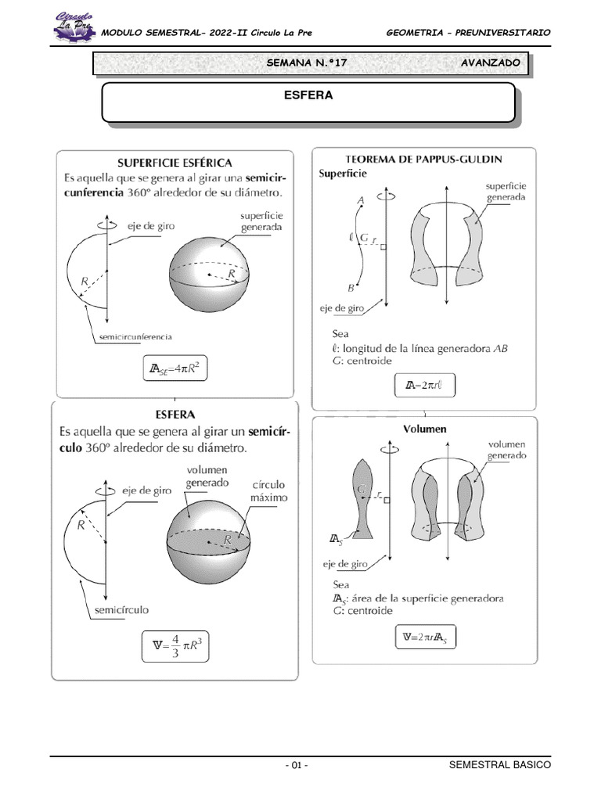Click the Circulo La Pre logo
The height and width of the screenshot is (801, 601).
(x=74, y=26)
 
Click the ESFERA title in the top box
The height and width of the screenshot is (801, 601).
(x=308, y=95)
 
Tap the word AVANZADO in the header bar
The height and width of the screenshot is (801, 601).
(x=491, y=62)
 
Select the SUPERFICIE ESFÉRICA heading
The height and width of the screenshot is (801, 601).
(x=175, y=163)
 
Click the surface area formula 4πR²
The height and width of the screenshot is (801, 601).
(x=177, y=368)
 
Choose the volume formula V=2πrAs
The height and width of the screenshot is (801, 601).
(x=423, y=638)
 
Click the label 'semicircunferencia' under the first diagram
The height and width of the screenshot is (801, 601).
(x=133, y=336)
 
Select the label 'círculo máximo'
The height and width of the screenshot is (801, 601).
(x=269, y=491)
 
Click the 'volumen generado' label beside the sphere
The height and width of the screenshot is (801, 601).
(x=207, y=476)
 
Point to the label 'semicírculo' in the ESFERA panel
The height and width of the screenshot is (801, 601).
(x=122, y=609)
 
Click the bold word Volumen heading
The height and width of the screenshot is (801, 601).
(x=425, y=429)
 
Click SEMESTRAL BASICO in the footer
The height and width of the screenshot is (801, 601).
(x=500, y=766)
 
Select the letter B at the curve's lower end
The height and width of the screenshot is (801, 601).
(x=351, y=289)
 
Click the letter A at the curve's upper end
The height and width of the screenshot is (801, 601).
(x=361, y=201)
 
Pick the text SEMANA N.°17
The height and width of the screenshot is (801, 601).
(x=308, y=62)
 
